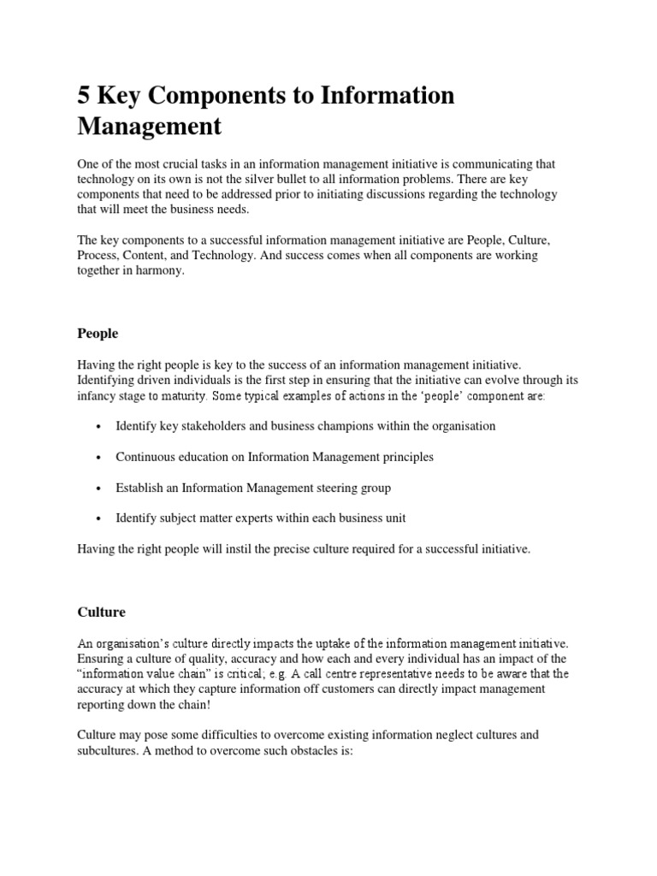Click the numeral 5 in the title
pos(85,97)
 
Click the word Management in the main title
pos(149,127)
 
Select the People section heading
pos(98,333)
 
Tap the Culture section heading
pos(101,612)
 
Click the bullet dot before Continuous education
pos(101,458)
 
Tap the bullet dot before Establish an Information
pos(101,488)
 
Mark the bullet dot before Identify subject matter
pos(101,519)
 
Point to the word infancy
pos(98,396)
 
